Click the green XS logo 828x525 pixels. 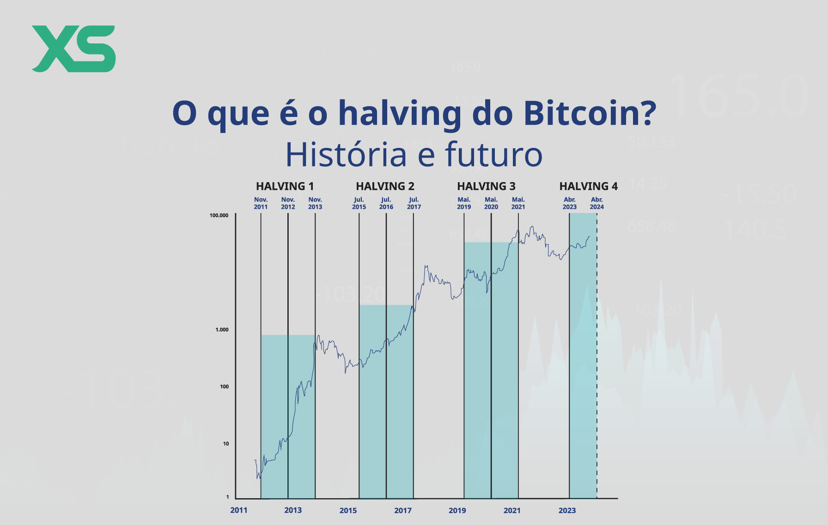tap(73, 49)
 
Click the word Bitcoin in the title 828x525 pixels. tap(590, 113)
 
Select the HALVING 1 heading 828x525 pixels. tap(285, 186)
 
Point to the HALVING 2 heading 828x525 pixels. tap(385, 186)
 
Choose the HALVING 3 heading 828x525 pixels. tap(486, 186)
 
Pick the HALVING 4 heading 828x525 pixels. tap(588, 186)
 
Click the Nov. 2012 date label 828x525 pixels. tap(288, 203)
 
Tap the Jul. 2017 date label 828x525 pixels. tap(414, 203)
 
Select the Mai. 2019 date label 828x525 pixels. tap(464, 203)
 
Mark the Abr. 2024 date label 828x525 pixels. tap(597, 203)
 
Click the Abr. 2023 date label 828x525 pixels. tap(570, 203)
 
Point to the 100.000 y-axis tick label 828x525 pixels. tap(219, 215)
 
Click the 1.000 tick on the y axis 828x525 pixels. tap(222, 330)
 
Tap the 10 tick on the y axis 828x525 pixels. tap(226, 444)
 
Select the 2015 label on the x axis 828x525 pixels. tap(348, 511)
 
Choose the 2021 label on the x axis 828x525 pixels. tap(512, 511)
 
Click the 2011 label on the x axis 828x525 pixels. tap(239, 510)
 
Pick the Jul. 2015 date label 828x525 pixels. tap(359, 203)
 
